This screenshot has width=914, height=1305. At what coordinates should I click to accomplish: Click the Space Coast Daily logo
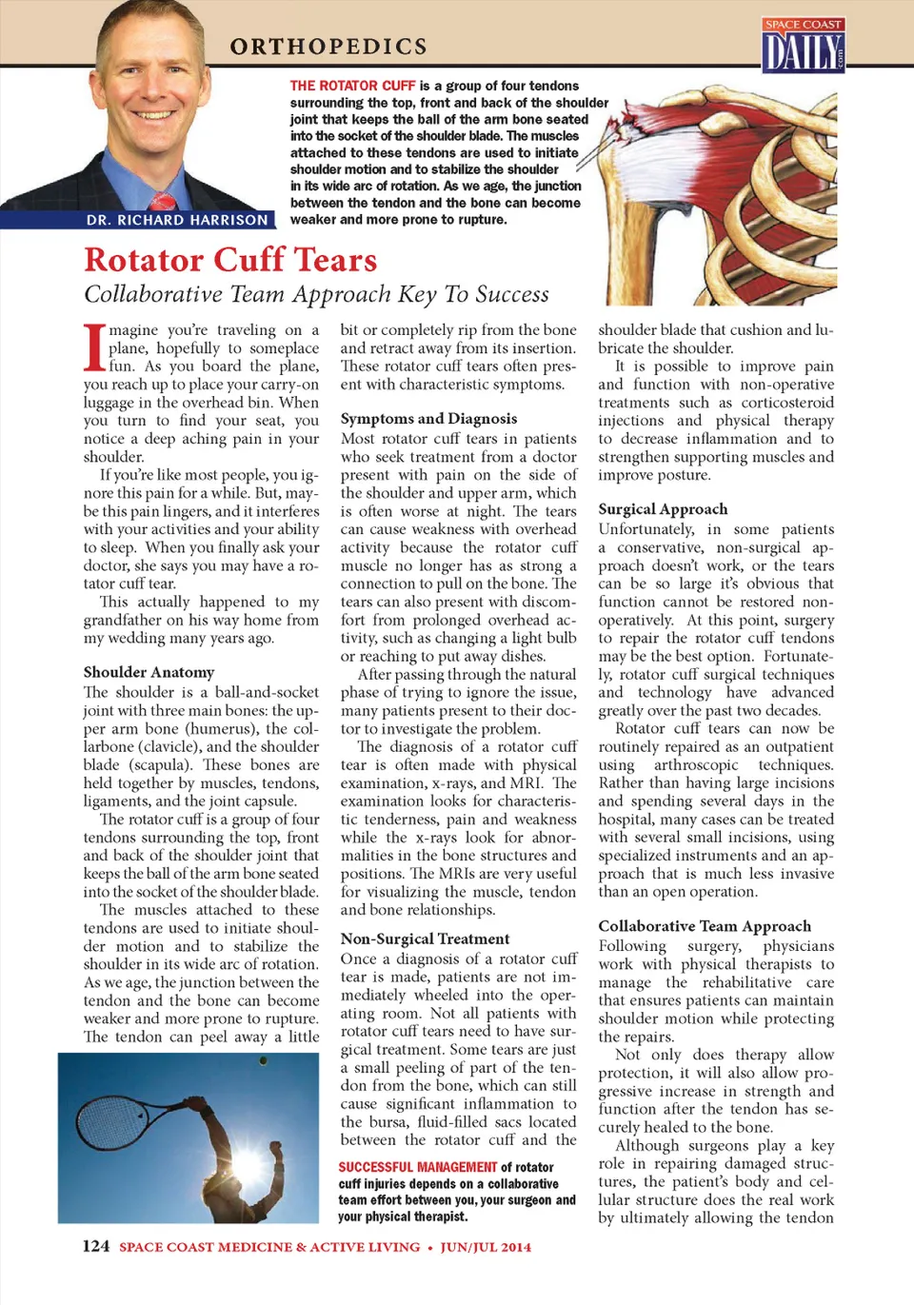point(804,46)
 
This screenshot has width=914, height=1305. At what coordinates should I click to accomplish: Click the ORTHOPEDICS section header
point(328,47)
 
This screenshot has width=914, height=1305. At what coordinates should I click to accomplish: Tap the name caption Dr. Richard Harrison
point(177,220)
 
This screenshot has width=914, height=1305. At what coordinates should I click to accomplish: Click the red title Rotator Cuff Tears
point(230,260)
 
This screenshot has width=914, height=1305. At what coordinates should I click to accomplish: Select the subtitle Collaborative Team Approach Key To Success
point(316,294)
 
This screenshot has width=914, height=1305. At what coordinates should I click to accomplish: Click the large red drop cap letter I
point(94,347)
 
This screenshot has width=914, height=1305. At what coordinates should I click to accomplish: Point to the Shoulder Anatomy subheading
point(149,672)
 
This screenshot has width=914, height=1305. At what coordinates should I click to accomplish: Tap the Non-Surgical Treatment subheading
point(425,939)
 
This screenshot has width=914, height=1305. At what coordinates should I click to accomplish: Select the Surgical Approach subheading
point(663,509)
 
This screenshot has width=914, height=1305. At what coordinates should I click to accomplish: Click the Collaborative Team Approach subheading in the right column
point(705,926)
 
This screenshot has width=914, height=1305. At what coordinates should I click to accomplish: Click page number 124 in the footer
point(96,1247)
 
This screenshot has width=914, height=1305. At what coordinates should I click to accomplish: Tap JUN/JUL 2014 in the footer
point(486,1247)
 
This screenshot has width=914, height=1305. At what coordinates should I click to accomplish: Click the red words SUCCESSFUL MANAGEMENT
point(418,1167)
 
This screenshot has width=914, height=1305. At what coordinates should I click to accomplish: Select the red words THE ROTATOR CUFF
point(352,86)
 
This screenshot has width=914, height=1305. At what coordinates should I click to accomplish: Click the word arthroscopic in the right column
point(695,765)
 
